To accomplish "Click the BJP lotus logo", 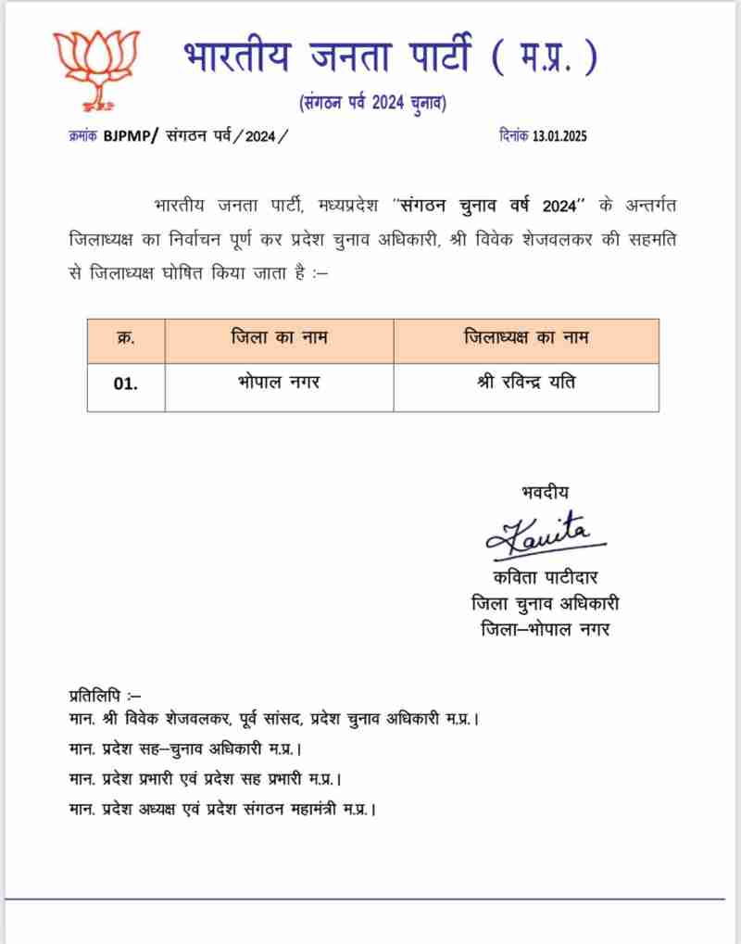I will [95, 68].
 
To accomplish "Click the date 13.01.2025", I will [559, 136].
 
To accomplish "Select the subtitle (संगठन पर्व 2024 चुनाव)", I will [372, 103].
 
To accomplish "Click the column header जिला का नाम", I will [279, 338].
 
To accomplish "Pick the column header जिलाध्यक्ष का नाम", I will [525, 338].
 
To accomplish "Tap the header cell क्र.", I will [126, 338].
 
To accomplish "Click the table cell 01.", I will [126, 384].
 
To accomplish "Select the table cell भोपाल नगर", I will [279, 382].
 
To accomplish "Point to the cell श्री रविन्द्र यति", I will [525, 382].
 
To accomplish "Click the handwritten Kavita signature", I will [545, 533].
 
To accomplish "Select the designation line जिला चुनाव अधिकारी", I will [546, 604].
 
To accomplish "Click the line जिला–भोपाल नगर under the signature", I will [546, 630].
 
